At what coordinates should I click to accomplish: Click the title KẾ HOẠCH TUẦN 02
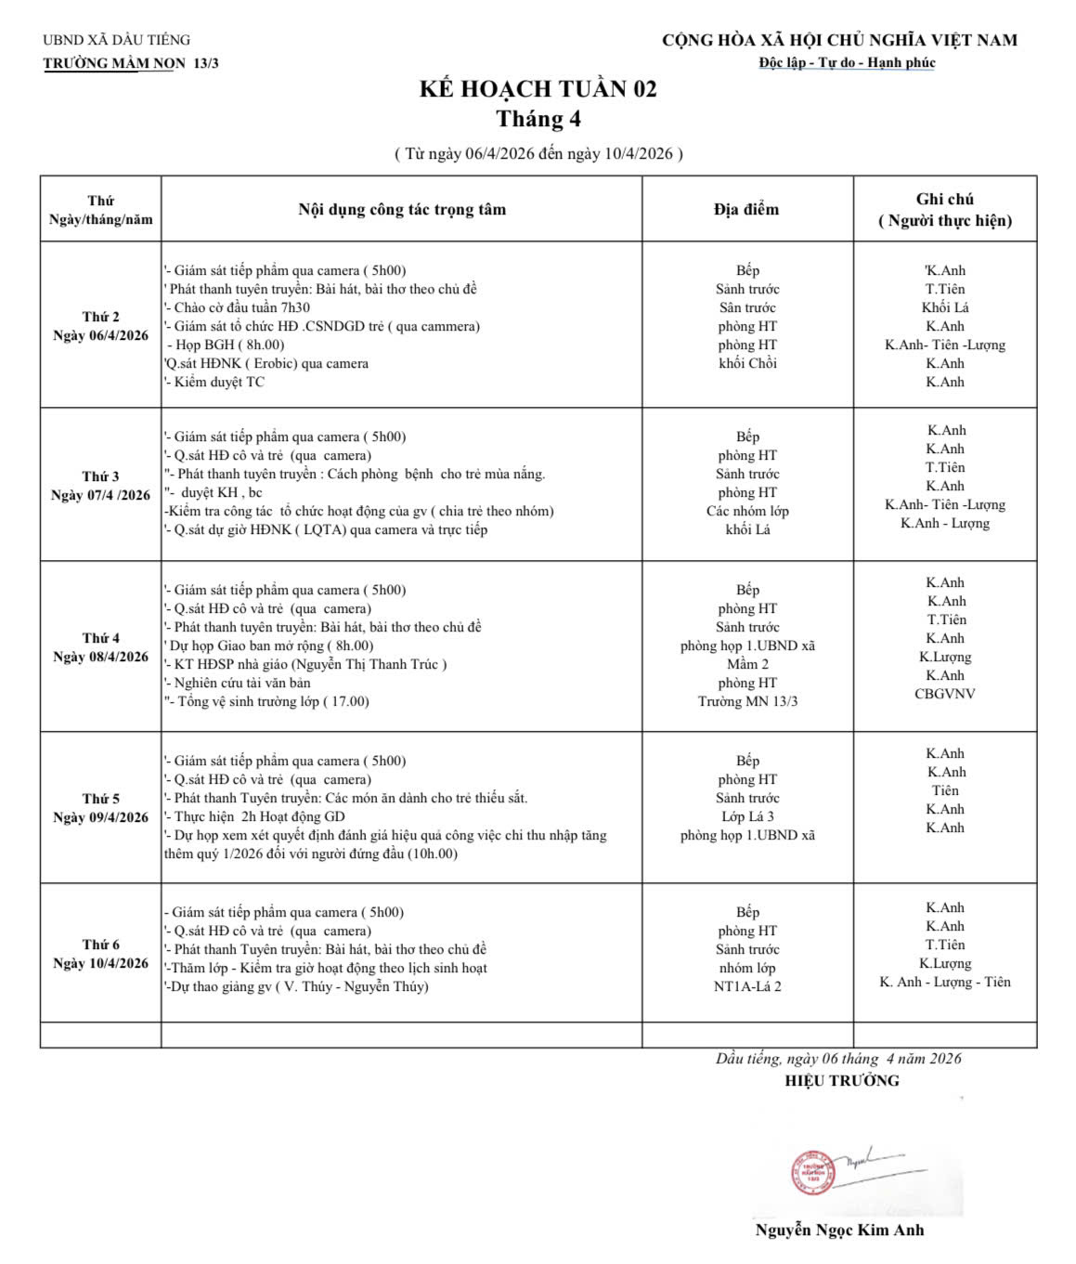pyautogui.click(x=538, y=89)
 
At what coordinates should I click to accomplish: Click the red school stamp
pyautogui.click(x=813, y=1171)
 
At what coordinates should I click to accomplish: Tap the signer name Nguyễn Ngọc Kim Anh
pyautogui.click(x=839, y=1231)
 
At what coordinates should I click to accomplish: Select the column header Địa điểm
pyautogui.click(x=746, y=210)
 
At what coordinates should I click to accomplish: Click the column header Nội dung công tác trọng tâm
pyautogui.click(x=402, y=210)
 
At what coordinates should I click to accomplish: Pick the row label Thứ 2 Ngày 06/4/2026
pyautogui.click(x=100, y=326)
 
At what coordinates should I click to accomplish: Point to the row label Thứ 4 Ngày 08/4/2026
pyautogui.click(x=100, y=647)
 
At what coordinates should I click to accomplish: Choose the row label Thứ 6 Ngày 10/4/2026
pyautogui.click(x=100, y=954)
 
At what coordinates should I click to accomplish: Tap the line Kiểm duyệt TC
pyautogui.click(x=219, y=382)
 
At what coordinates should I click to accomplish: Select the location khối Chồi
pyautogui.click(x=747, y=363)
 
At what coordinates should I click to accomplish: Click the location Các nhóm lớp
pyautogui.click(x=747, y=511)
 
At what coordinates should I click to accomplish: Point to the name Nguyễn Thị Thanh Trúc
pyautogui.click(x=369, y=664)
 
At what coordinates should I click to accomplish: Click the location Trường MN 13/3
pyautogui.click(x=747, y=701)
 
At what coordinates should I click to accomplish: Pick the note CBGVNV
pyautogui.click(x=944, y=694)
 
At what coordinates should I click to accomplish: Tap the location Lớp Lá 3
pyautogui.click(x=747, y=816)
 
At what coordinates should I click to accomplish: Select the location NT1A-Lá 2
pyautogui.click(x=747, y=986)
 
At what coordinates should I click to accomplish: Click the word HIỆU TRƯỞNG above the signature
pyautogui.click(x=841, y=1080)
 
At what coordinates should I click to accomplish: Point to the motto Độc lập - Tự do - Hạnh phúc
pyautogui.click(x=847, y=63)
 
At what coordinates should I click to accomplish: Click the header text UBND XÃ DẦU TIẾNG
pyautogui.click(x=116, y=40)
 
